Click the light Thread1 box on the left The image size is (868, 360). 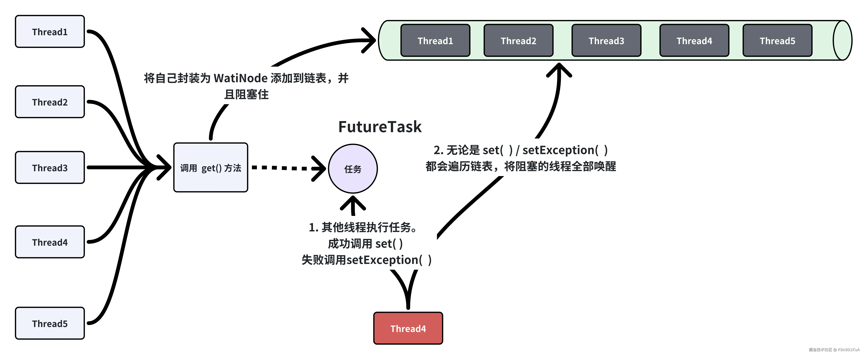[50, 32]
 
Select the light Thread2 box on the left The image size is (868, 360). [50, 102]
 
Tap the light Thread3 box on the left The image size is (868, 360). [50, 168]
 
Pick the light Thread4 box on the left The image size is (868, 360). [50, 242]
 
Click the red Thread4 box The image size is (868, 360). [408, 328]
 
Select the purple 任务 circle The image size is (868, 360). [353, 169]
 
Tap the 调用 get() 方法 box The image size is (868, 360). [211, 168]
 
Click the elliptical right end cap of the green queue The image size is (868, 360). [842, 40]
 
